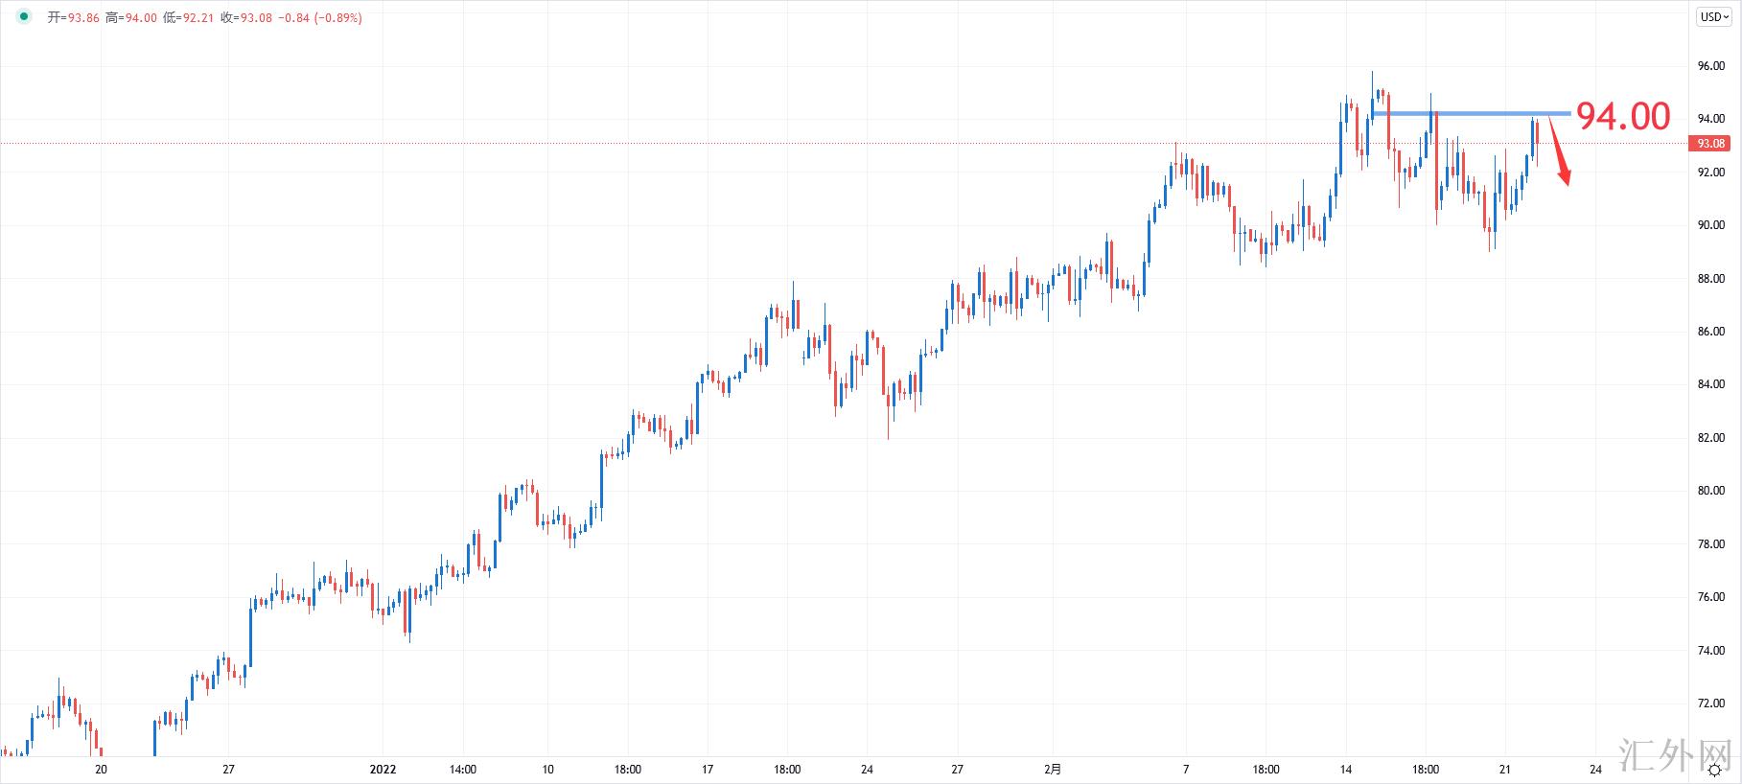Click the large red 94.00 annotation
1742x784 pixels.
pos(1623,117)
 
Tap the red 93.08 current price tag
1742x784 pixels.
pos(1711,144)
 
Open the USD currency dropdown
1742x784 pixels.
pos(1714,16)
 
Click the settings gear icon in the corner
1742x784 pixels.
pos(1715,770)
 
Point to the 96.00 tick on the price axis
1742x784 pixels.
pos(1710,66)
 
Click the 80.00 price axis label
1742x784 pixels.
pos(1710,491)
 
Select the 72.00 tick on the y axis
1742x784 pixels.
pos(1710,703)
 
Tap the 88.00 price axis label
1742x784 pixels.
pos(1710,279)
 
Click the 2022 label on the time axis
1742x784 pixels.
pos(383,769)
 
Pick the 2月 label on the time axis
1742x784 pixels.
pos(1053,769)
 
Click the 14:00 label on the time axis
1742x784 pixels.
pos(462,769)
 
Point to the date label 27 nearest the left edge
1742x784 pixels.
pos(228,769)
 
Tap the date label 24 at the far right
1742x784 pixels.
pos(1595,769)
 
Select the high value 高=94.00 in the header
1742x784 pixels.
pos(131,17)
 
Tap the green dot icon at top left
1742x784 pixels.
pos(24,17)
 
